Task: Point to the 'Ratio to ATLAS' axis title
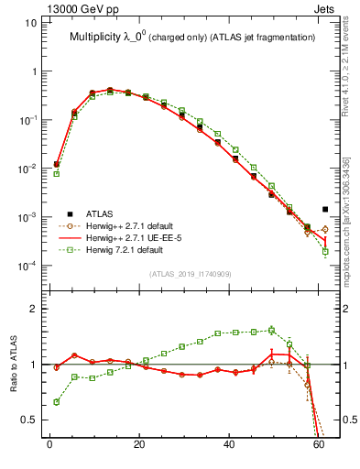pos(12,365)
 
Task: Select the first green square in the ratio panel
pos(57,401)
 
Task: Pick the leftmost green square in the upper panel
pos(57,173)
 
